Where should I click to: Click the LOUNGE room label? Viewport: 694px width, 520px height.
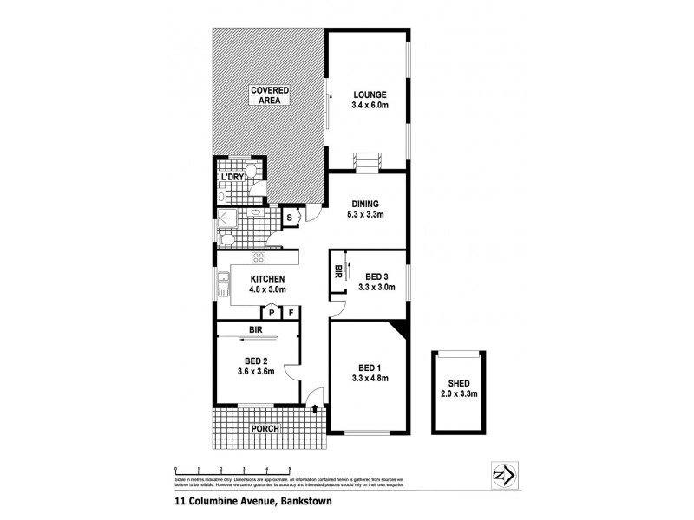[x=369, y=94]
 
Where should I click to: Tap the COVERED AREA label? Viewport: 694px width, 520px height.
[x=270, y=96]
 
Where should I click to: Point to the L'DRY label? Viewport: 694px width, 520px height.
[x=232, y=178]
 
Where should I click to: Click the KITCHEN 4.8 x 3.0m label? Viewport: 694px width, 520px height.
[x=268, y=284]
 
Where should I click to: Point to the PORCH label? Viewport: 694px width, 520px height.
[x=265, y=428]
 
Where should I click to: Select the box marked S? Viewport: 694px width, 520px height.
[x=290, y=217]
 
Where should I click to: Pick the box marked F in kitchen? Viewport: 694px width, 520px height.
[x=291, y=313]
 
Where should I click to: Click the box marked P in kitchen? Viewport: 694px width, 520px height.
[x=271, y=313]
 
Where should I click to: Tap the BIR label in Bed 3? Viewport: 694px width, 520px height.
[x=337, y=271]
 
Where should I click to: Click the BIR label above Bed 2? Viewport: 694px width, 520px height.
[x=256, y=330]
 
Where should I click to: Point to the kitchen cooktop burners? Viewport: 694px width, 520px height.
[x=258, y=257]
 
